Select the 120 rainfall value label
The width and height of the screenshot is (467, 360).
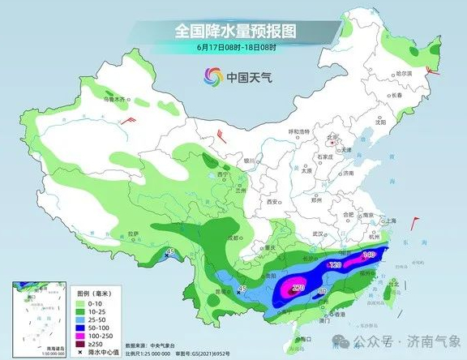pos(334,265)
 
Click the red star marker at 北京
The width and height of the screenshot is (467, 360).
pos(330,139)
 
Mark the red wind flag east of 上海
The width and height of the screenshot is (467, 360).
pos(417,219)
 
